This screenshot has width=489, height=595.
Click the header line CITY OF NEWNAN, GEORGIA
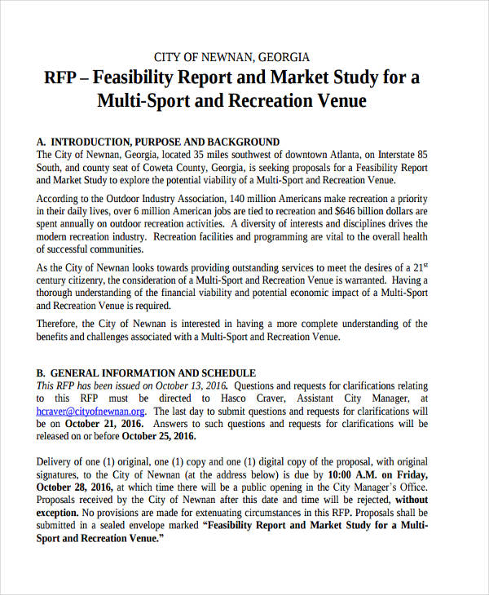(x=232, y=57)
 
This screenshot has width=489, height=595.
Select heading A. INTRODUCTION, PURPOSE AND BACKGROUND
(x=158, y=141)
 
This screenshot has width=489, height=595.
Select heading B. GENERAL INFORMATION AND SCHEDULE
(x=147, y=372)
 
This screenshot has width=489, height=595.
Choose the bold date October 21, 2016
(x=103, y=425)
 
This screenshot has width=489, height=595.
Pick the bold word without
(x=412, y=500)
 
